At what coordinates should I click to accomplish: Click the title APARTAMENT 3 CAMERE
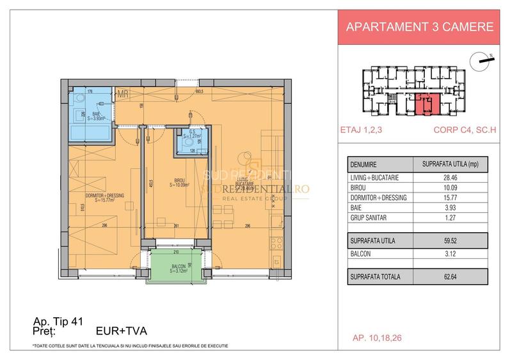click(419, 27)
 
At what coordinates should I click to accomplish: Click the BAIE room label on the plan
click(94, 115)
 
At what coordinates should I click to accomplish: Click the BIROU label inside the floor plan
click(179, 182)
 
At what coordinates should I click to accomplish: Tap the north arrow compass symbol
click(480, 61)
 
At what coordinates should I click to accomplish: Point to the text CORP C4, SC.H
click(460, 133)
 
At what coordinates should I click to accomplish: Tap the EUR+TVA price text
click(121, 332)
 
